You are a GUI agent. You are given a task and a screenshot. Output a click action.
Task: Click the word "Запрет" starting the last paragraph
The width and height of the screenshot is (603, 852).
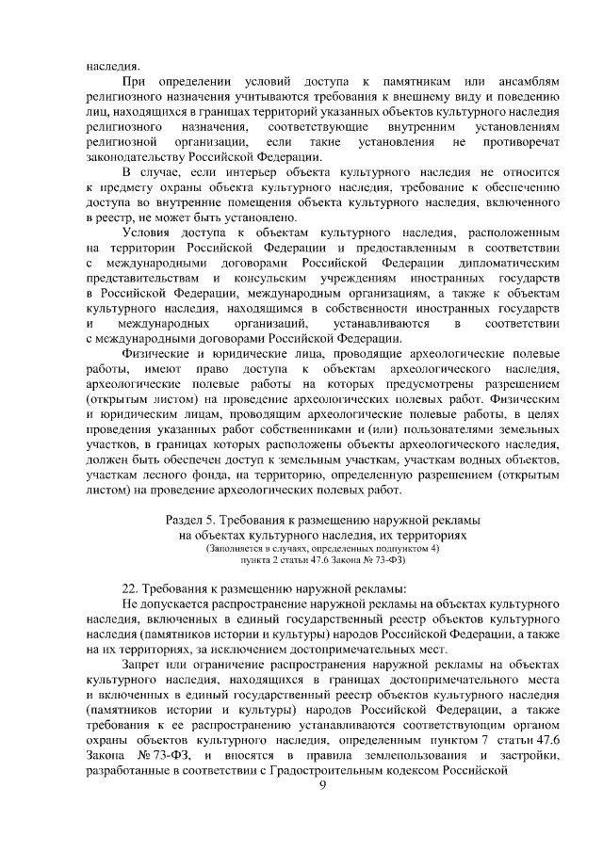[143, 665]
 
